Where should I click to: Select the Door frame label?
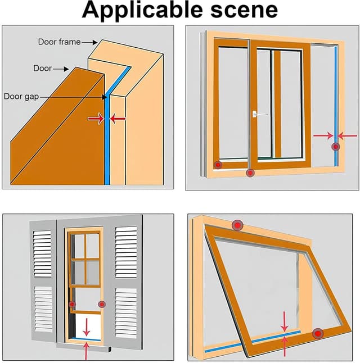coord(58,42)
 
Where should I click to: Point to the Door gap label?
coord(21,96)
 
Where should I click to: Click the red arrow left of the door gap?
coord(96,119)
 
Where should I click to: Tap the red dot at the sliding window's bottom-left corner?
coord(218,165)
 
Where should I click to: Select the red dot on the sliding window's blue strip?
coord(336,147)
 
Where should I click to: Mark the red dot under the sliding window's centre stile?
coord(250,173)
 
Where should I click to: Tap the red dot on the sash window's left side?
coord(71,304)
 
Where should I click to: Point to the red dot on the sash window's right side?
coord(102,304)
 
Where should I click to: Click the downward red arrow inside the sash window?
coord(86,326)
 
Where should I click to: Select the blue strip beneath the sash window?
coord(86,339)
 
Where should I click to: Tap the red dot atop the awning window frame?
coord(237,225)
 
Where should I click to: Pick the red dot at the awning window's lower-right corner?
coord(318,334)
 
